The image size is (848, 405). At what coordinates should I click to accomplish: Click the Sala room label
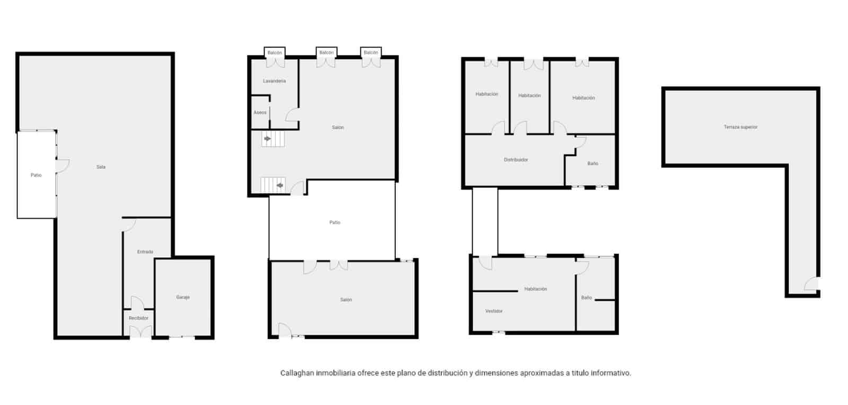101,167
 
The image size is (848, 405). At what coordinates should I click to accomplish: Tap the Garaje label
183,298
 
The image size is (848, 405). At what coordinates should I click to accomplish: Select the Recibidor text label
139,318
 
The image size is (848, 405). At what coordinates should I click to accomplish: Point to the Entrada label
145,252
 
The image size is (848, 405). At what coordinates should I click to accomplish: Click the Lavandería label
275,81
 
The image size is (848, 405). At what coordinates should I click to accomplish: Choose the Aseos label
260,113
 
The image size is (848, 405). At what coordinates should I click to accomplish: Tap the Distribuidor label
516,160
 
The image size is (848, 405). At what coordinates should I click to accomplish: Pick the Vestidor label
494,311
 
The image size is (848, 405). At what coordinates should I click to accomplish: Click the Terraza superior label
740,127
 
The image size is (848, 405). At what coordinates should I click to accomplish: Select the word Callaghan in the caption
297,373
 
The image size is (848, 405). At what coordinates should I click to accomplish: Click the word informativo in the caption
613,373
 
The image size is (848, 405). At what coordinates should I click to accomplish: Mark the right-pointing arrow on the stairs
268,139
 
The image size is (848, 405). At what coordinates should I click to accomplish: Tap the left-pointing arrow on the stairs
280,185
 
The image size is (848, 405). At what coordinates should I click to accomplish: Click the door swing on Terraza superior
811,284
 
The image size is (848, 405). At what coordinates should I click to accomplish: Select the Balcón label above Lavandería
275,53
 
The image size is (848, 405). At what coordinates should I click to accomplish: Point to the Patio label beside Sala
36,175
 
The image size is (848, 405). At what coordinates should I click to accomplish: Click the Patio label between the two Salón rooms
335,223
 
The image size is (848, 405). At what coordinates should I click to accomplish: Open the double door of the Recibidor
141,332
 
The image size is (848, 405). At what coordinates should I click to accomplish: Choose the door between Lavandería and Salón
293,115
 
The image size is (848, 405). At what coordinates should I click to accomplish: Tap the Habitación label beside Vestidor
535,289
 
